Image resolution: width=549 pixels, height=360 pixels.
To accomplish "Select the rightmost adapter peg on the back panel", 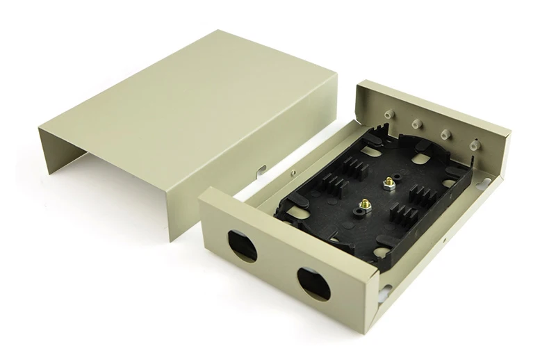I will [475, 144].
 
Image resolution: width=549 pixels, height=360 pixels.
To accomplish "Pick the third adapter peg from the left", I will [445, 132].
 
